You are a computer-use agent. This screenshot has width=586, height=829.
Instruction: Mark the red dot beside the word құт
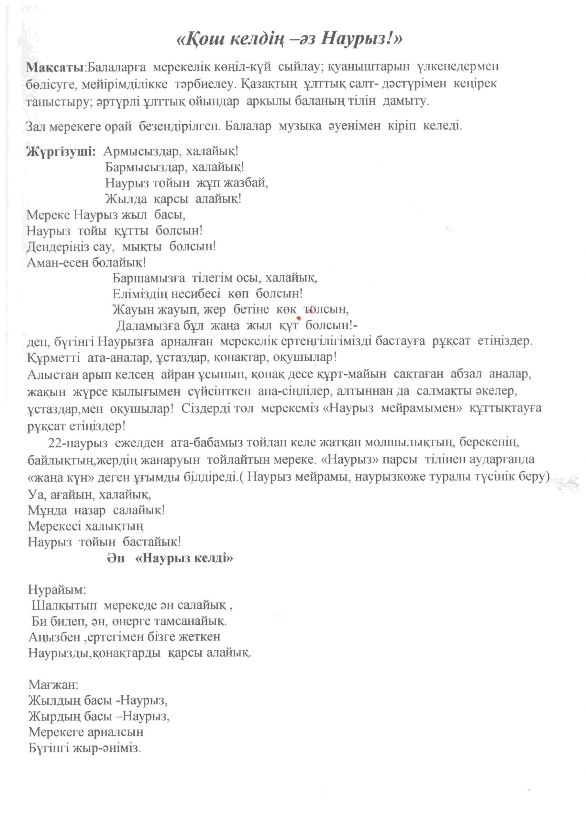[x=298, y=318]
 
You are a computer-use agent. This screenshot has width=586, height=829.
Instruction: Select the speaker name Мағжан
[x=53, y=685]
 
